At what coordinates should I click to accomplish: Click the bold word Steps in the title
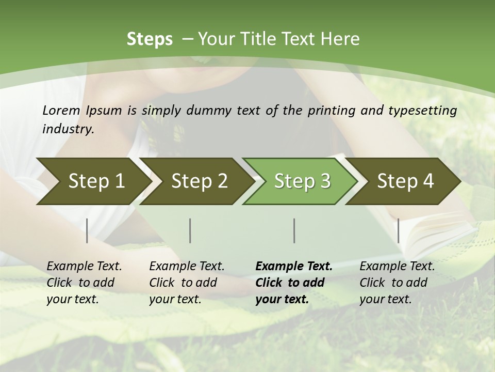pos(150,39)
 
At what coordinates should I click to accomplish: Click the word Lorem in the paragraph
pos(61,110)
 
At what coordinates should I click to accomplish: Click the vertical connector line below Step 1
pos(87,230)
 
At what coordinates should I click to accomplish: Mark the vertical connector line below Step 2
pos(190,230)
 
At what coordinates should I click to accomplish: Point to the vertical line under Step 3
pos(294,230)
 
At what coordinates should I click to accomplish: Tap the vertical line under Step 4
pos(398,230)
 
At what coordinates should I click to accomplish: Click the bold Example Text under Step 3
pos(294,267)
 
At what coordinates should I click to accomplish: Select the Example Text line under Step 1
pos(84,267)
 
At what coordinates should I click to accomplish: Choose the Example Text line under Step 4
pos(397,267)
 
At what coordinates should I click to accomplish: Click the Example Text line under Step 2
pos(187,267)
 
